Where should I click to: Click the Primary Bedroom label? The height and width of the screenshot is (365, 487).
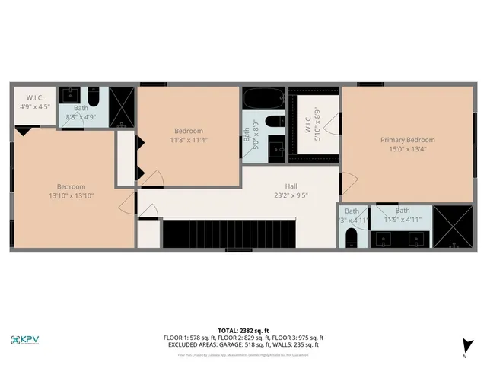point(408,140)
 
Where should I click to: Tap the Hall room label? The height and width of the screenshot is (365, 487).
point(291,186)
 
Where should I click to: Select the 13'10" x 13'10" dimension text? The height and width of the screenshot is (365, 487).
point(71,196)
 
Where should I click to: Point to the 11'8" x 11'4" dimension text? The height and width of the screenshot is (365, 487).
point(189,140)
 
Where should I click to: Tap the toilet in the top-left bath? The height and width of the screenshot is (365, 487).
point(93,97)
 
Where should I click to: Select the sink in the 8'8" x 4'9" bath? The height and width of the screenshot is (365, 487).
point(69,95)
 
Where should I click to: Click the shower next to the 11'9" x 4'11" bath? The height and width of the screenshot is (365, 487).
point(453,227)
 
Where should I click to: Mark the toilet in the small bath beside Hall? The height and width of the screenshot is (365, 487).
point(352,238)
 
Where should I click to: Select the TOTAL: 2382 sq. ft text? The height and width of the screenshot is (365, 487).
point(243,331)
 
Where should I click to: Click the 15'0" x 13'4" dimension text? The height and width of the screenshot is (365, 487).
point(408,150)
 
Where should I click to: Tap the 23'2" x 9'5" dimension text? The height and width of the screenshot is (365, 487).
point(291,195)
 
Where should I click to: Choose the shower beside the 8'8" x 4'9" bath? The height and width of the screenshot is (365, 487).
point(122,106)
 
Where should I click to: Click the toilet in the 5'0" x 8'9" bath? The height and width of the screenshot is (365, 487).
point(275,121)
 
